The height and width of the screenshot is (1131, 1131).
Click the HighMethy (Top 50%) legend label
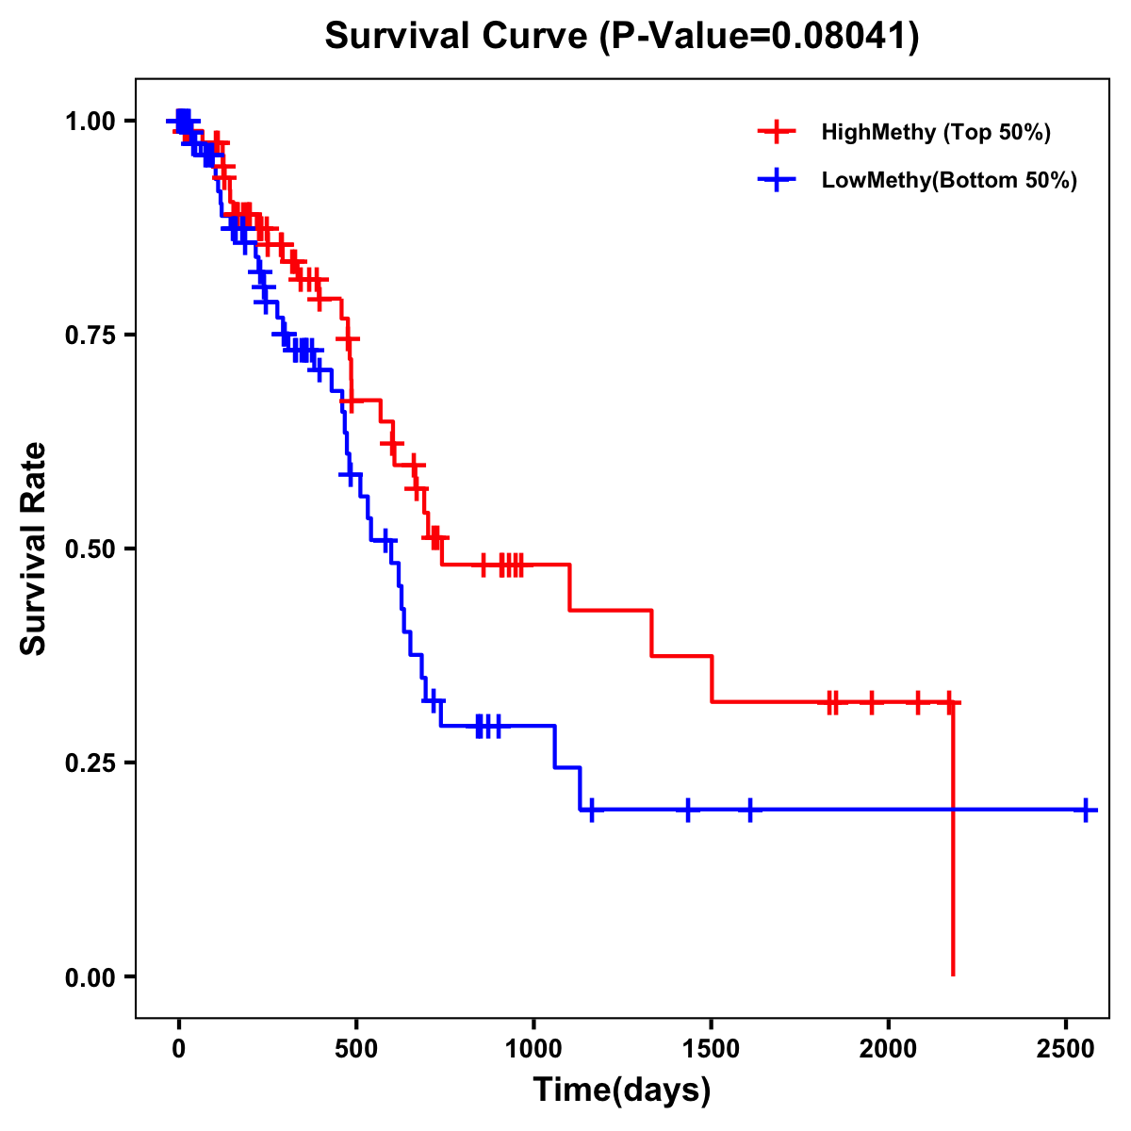click(935, 132)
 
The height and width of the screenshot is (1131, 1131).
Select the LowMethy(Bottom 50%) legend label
click(949, 181)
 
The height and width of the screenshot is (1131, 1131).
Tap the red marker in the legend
click(776, 132)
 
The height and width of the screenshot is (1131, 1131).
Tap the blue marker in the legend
click(776, 181)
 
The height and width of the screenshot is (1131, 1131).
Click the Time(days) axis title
click(622, 1090)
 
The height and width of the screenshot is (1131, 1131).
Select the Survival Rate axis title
click(34, 549)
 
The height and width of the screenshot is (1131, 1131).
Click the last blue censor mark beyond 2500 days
click(1086, 810)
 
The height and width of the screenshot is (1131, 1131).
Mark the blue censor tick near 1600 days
click(749, 810)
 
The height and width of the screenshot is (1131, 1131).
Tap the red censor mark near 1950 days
click(871, 702)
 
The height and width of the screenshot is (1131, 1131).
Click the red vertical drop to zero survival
click(953, 848)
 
